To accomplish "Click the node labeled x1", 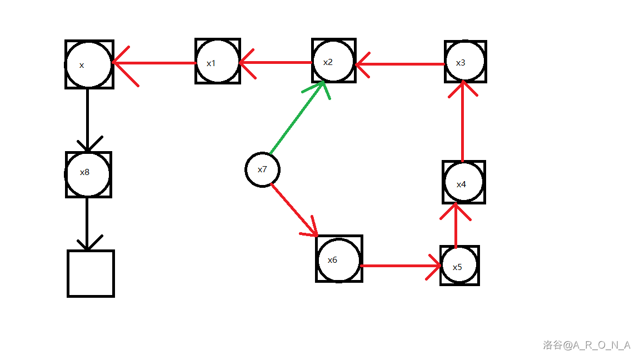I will pos(218,61).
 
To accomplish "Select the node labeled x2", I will pos(333,61).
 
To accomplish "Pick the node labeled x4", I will pos(464,182).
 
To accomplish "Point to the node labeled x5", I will pos(459,266).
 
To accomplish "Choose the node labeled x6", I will pos(339,259).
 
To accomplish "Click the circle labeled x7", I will pos(262,169).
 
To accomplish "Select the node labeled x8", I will pos(88,174).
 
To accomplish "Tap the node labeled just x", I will pos(89,64).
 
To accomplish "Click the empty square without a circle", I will pos(91,273).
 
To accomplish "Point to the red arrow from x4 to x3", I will pos(463,122).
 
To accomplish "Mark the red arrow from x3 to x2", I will pos(400,64).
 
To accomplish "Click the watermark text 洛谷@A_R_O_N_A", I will pos(587,345).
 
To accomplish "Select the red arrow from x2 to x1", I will pos(275,62).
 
